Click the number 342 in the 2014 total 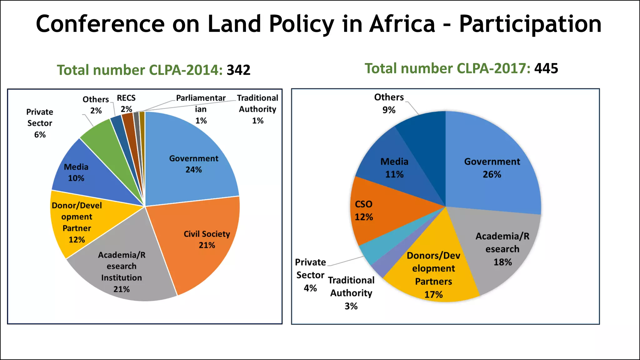click(238, 70)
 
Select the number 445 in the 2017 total click(546, 68)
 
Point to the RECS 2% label click(126, 103)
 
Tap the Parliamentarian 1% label click(201, 109)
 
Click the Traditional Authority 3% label click(351, 293)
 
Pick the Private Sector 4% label click(310, 275)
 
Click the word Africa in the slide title click(402, 24)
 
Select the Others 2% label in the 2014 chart click(96, 105)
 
